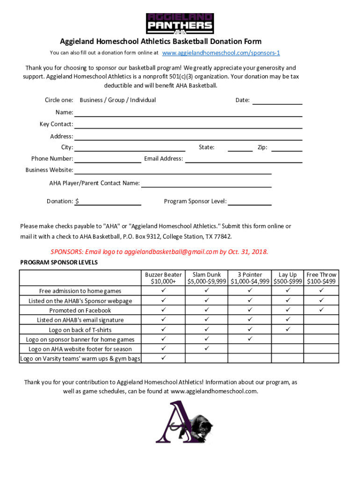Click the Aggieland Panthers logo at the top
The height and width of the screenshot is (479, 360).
(180, 23)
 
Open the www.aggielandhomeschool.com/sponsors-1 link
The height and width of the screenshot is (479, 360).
(221, 53)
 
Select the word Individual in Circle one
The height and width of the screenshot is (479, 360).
(143, 100)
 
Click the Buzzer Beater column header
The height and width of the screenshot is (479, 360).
(163, 278)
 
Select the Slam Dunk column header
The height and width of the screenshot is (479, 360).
(207, 278)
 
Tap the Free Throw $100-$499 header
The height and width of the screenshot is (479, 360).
(321, 278)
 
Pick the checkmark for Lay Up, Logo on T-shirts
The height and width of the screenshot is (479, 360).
(288, 330)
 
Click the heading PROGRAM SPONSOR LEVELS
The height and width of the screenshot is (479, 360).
(59, 262)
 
